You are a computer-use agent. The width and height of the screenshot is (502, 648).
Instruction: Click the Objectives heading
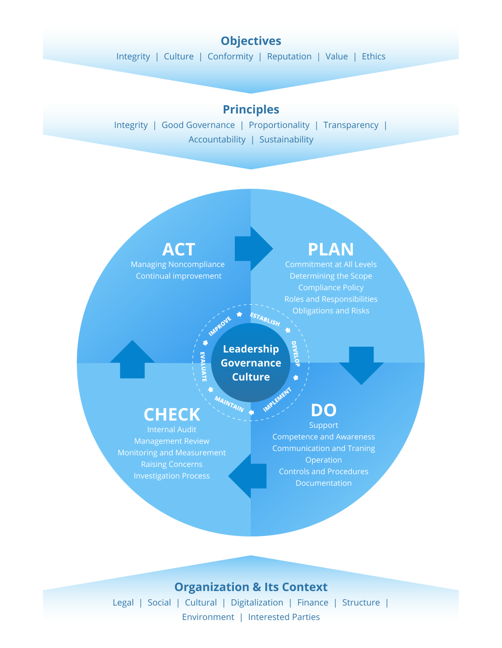coord(251,41)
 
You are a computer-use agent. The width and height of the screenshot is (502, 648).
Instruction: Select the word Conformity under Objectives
coord(230,56)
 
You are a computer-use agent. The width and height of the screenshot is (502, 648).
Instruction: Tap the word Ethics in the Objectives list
coord(373,56)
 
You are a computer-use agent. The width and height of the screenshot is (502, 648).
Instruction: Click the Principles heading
coord(251,110)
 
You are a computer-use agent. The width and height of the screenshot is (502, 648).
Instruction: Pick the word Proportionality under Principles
coord(279,125)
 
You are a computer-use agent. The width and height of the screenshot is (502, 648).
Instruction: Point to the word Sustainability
coord(286,140)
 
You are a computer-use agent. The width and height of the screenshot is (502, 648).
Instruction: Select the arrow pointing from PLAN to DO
coord(361,364)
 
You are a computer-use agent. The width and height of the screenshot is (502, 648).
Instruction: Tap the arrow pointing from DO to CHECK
coord(248,476)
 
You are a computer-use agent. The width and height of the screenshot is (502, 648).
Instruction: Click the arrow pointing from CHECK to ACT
coord(132,360)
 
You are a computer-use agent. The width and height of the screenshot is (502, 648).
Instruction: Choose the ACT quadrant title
coord(179,250)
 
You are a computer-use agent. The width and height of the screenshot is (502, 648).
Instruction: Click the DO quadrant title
coord(323,410)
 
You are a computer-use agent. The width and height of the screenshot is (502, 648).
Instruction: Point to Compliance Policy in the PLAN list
coord(330,287)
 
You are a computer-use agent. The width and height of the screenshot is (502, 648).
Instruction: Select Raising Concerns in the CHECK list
coord(172,464)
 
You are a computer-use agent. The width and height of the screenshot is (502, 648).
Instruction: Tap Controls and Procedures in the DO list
coord(323,471)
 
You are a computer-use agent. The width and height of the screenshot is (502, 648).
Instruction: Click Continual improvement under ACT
coord(178,276)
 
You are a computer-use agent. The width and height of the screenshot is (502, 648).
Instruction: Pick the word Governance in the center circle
coord(251,363)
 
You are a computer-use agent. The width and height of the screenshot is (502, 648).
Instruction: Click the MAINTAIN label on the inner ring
coord(229,404)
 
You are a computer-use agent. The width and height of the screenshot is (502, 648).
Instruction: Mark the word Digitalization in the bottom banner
coord(257,603)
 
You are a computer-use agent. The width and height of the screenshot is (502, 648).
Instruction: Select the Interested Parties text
coord(284,617)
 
